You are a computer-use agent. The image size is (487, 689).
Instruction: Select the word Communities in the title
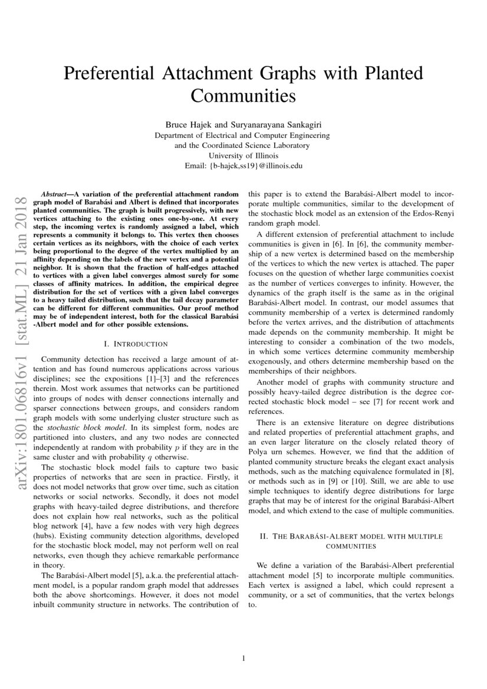[243, 94]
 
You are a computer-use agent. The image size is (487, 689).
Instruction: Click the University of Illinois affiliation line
[243, 156]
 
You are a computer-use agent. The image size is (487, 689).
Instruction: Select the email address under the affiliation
[243, 166]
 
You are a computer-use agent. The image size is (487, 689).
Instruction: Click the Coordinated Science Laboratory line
[243, 146]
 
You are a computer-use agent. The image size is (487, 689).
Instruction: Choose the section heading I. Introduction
[135, 344]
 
